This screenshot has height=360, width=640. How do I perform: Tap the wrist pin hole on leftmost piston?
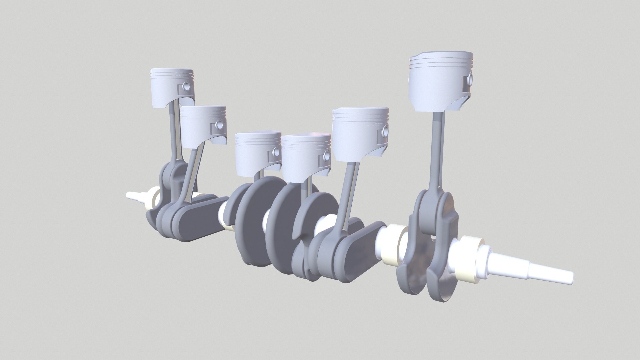(186, 87)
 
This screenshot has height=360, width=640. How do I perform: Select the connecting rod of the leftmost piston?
(173, 133)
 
